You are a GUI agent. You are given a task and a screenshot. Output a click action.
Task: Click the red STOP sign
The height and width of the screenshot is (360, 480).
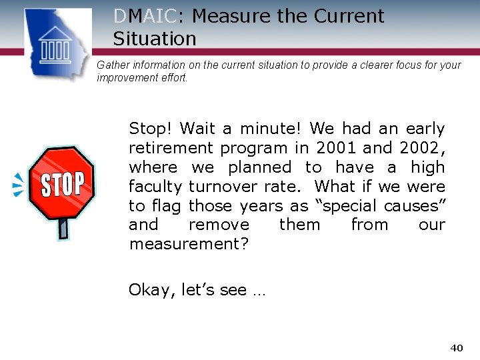click(x=62, y=183)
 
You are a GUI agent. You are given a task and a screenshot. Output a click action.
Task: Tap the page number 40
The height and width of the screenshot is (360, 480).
click(x=456, y=347)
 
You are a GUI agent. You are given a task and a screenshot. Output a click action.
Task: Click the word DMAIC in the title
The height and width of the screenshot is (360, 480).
click(x=145, y=16)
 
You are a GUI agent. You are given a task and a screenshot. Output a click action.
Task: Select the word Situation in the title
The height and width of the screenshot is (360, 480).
click(x=155, y=39)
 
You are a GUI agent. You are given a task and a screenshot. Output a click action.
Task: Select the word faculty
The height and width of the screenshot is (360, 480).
click(x=155, y=186)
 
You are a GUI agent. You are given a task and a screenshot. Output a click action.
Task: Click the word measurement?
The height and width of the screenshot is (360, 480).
click(x=189, y=244)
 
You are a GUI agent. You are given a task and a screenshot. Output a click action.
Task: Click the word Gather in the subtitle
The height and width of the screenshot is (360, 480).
click(x=111, y=65)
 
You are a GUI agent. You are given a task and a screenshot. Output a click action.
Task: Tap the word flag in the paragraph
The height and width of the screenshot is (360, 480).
click(x=166, y=205)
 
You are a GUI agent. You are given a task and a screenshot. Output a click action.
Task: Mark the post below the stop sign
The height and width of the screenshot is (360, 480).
click(x=63, y=227)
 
